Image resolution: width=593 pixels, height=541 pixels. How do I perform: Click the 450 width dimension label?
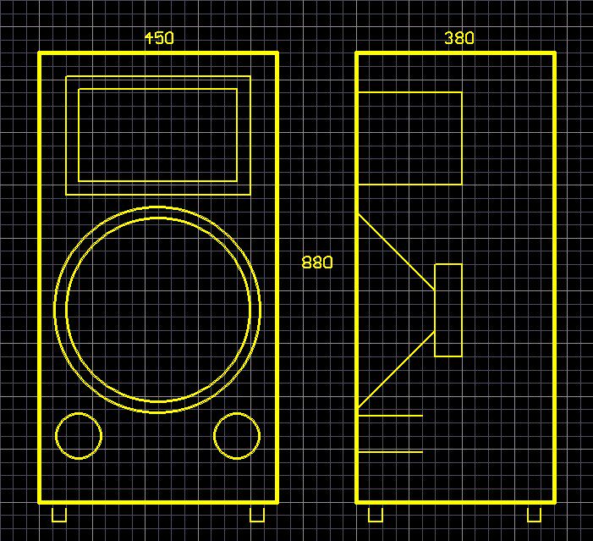coord(159,38)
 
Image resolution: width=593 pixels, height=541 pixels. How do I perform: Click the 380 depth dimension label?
coord(459,38)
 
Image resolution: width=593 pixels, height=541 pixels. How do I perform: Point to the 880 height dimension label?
coord(317,262)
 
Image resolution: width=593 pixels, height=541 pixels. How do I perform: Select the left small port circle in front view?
coord(79,436)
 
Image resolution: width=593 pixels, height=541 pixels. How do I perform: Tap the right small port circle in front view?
coord(237,436)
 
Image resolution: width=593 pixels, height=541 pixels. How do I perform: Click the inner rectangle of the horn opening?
coord(157,135)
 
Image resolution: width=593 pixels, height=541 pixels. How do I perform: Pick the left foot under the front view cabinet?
coord(59,514)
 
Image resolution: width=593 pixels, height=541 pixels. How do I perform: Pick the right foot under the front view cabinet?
coord(257,514)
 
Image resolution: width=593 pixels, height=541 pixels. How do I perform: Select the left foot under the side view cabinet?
coord(375,514)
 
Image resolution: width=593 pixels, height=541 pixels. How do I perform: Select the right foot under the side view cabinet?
coord(534,514)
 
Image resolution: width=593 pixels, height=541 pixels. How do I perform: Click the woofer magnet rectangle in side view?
coord(448,310)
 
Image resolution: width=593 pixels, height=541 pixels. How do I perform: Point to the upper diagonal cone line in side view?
coord(396,252)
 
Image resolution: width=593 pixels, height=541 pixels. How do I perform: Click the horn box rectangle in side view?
coord(410,138)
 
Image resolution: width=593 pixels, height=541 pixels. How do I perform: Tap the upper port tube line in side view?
coord(390,416)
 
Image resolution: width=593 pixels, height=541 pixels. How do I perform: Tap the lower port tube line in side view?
coord(390,452)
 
